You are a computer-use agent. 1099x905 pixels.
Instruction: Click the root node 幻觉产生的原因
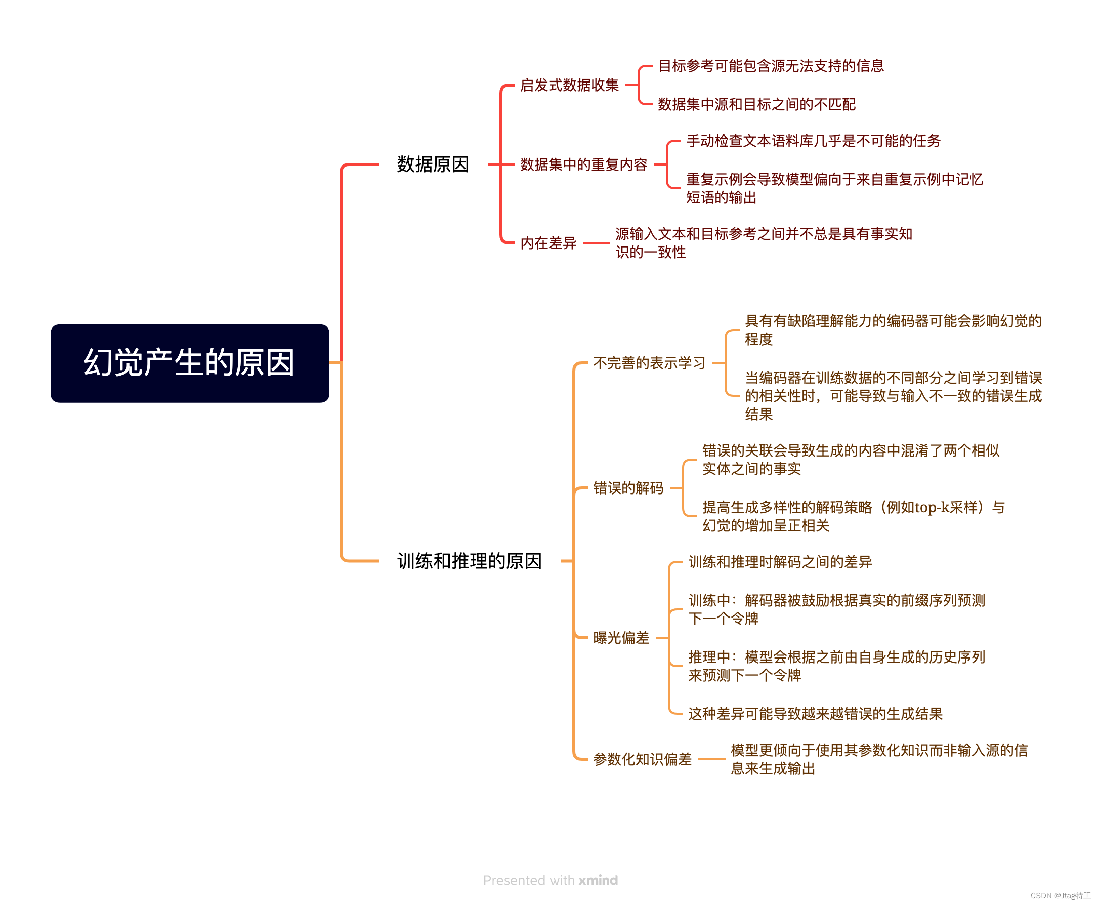click(190, 363)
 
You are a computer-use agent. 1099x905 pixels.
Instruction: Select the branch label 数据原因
click(433, 164)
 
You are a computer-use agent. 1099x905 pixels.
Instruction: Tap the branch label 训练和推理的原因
click(469, 561)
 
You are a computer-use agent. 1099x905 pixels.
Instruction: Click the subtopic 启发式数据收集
click(569, 85)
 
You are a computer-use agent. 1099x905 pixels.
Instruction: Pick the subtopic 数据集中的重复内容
click(583, 164)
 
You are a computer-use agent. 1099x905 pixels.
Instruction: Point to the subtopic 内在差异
click(548, 243)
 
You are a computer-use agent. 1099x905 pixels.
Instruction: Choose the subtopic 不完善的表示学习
click(649, 363)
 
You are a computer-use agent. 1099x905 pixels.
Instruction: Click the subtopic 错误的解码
click(628, 488)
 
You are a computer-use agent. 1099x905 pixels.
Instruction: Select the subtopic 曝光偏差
click(621, 638)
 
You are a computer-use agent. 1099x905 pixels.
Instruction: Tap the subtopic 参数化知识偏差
click(642, 759)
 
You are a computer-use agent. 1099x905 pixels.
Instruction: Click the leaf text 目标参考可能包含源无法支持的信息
click(771, 66)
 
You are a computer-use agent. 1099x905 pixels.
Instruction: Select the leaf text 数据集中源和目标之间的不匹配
click(756, 104)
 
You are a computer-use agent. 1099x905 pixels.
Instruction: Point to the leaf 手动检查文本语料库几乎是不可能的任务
click(813, 141)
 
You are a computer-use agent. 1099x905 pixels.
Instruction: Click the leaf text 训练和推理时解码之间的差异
click(780, 562)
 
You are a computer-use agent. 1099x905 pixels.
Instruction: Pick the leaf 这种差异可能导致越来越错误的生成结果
click(815, 714)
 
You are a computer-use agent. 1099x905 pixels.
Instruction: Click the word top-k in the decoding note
click(931, 507)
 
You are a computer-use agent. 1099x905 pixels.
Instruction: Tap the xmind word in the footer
click(598, 880)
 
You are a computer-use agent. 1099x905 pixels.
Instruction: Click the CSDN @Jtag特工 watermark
click(1061, 895)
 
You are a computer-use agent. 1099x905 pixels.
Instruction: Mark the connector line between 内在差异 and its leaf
click(596, 243)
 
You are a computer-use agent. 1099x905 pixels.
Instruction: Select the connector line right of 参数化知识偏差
click(711, 759)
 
